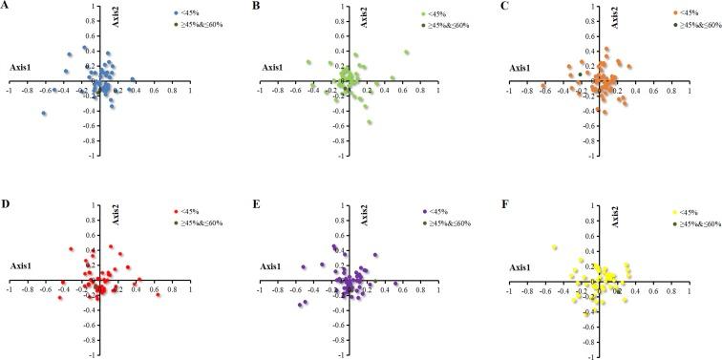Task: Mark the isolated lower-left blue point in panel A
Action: (43, 114)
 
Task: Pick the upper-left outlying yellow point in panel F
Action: (554, 248)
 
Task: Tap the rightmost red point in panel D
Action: (159, 295)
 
